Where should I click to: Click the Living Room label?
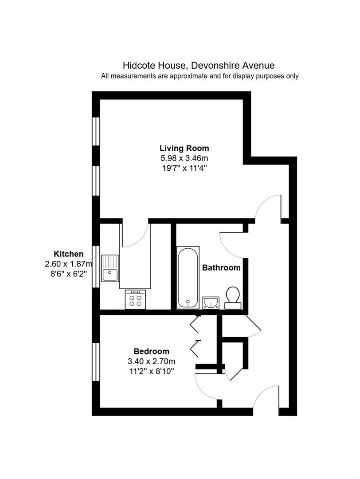point(184,149)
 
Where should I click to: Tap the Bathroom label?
point(221,268)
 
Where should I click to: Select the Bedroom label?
point(152,351)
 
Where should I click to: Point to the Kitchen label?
point(68,254)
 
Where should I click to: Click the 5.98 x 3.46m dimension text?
point(184,158)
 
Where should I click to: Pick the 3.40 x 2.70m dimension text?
point(152,361)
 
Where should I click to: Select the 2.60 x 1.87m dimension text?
point(68,263)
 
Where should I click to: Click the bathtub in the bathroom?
point(188,277)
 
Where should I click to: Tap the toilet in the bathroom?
point(233,298)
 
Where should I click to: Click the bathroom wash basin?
point(211,302)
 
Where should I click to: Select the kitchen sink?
point(110,267)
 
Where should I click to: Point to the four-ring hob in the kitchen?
point(135,299)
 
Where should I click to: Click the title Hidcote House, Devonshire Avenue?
point(199,65)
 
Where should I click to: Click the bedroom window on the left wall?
point(96,362)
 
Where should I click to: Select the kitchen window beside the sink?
point(96,267)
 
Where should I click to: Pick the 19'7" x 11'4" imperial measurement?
point(184,168)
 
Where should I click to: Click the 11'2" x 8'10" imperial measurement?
point(152,371)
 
